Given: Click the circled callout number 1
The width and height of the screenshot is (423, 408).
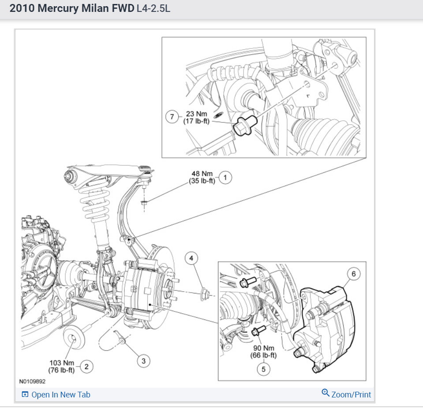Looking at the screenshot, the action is point(225,178).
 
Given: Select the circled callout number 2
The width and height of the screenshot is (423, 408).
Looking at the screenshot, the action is point(86,367).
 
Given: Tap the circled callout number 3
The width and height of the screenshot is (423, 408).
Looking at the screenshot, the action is point(143,361).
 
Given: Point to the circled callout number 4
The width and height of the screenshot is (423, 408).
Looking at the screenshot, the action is point(191,259).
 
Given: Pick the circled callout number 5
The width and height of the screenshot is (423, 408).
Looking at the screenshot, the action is point(264,369).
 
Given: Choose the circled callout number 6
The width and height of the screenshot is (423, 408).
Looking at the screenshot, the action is point(354,274).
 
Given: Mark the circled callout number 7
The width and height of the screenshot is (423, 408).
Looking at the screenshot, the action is point(172,117).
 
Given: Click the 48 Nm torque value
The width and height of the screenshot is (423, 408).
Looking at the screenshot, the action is point(202,174).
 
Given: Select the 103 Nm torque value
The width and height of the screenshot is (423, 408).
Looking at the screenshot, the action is point(61,363).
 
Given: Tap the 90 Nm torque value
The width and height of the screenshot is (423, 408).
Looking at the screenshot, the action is point(264,348).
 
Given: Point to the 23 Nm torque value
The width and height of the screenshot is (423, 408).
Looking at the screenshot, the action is point(196,114).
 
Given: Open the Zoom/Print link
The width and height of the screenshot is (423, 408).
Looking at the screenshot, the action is point(351,394).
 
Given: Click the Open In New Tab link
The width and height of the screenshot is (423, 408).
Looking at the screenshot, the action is point(61,394).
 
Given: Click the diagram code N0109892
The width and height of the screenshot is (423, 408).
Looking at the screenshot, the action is point(32,381).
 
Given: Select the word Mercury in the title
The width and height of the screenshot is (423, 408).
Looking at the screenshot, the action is point(58,8).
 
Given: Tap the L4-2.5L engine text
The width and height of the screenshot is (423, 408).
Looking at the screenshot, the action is point(153,9).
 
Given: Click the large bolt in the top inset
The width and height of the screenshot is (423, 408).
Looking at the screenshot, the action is point(245,125).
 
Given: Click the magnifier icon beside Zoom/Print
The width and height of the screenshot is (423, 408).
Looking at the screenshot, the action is point(326,393).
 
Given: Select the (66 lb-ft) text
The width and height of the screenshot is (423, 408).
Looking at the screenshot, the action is point(264,356).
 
